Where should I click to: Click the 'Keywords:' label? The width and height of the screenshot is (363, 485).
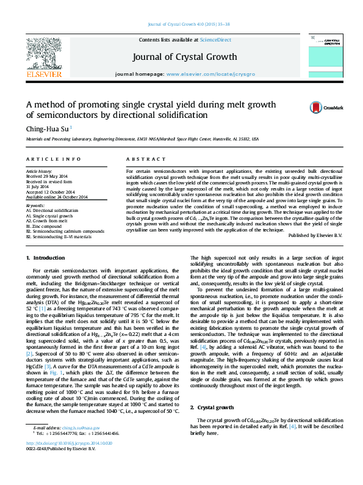pos(35,205)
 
